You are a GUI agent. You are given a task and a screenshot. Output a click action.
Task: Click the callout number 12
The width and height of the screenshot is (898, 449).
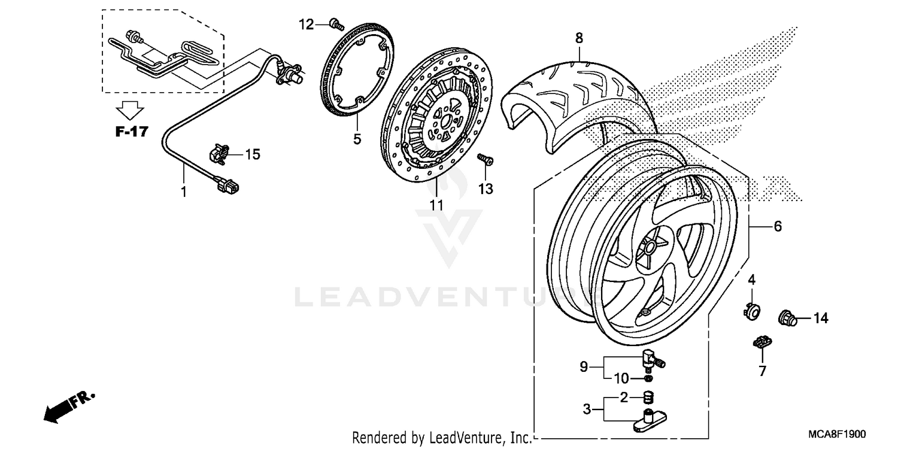306,25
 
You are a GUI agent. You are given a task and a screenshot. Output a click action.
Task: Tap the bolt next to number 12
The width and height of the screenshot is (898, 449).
335,25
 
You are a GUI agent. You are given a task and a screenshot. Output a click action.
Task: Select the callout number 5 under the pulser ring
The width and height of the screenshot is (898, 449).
357,139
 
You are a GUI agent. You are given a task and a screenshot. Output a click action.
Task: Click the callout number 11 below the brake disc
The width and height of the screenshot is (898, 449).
436,205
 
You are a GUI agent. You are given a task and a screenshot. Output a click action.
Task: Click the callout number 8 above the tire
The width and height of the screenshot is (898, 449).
579,38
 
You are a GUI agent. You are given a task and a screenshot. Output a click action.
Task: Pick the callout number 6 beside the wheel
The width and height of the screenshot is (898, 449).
778,226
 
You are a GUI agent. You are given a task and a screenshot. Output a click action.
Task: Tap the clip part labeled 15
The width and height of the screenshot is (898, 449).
218,155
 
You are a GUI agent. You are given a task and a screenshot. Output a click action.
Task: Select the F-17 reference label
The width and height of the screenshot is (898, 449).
131,132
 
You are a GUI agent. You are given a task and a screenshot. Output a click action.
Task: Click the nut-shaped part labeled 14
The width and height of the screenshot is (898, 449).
788,318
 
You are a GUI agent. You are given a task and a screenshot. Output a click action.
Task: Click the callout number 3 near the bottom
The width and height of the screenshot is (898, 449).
587,409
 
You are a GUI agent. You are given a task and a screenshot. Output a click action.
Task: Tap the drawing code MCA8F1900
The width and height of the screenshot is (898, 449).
840,434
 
